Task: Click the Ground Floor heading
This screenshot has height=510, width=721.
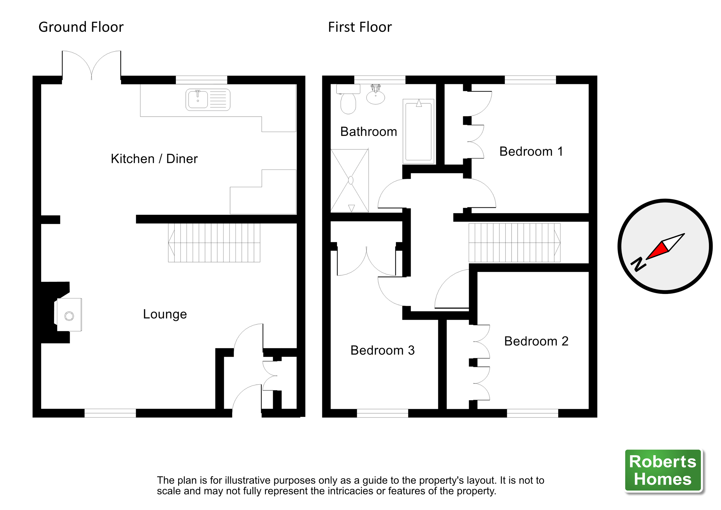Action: click(81, 27)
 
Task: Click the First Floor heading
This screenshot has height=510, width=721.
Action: click(360, 27)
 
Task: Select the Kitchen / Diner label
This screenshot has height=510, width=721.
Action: click(154, 159)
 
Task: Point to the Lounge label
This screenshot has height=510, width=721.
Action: click(165, 314)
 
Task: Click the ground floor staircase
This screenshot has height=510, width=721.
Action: click(214, 243)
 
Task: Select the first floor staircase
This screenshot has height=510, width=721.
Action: click(514, 243)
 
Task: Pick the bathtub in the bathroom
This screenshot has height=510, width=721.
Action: click(418, 131)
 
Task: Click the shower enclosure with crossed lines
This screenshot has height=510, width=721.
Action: click(349, 181)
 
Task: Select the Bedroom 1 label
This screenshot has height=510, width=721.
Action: click(531, 151)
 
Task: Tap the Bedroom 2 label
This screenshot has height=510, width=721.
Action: click(536, 341)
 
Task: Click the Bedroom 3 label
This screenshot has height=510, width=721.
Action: click(382, 350)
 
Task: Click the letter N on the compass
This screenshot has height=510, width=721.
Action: click(638, 264)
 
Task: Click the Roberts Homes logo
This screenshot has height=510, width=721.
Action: click(663, 470)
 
